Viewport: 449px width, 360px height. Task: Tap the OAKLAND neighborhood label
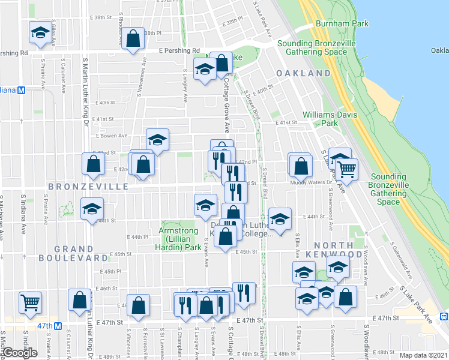pos(303,73)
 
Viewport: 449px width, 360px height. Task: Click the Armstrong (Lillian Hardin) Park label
pos(180,239)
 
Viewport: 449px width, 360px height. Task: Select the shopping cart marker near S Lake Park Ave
pos(346,170)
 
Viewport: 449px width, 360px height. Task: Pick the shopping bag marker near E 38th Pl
pos(133,39)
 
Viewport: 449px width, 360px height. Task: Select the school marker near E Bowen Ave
pos(158,141)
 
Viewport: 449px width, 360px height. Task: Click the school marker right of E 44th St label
pos(279,219)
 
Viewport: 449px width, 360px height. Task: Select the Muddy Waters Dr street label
pos(311,182)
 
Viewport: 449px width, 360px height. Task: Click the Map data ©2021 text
pos(424,355)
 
